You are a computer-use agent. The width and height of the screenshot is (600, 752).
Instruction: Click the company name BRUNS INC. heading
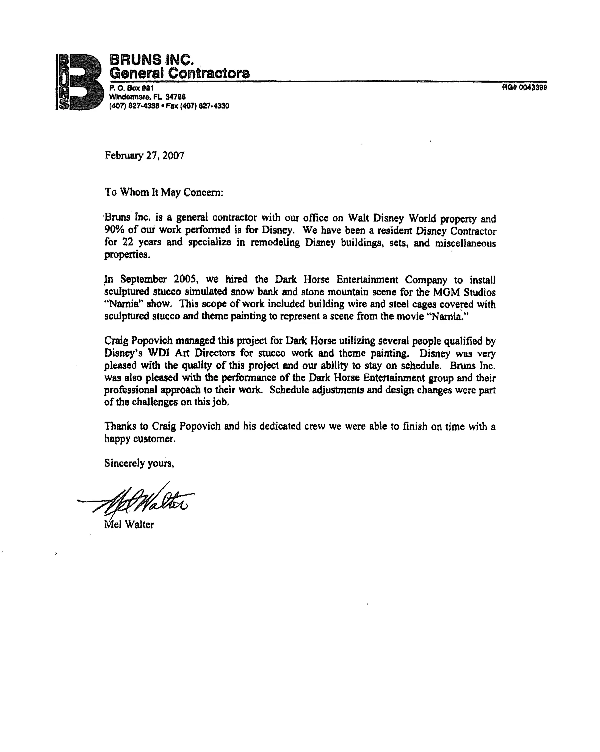[x=151, y=60]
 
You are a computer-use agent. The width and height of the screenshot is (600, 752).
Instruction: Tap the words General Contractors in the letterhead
[x=179, y=73]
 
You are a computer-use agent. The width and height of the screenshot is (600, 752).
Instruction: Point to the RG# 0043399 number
[x=524, y=88]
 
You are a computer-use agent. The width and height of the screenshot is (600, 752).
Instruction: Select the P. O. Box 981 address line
[x=131, y=88]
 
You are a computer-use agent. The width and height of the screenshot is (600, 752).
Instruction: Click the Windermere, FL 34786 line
[x=147, y=97]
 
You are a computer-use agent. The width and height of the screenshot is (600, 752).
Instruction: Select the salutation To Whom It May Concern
[x=163, y=192]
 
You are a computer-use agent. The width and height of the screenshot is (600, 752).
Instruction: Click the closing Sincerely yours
[x=139, y=463]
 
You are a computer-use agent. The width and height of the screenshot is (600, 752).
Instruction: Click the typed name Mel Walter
[x=129, y=525]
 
